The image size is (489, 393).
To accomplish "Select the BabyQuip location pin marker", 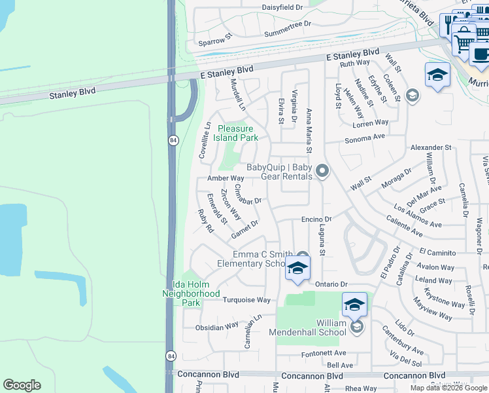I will click(322, 172).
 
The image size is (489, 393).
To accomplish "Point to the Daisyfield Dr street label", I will click(282, 7).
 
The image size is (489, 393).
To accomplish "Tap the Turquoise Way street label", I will click(246, 300).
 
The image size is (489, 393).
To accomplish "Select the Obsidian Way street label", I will click(217, 326).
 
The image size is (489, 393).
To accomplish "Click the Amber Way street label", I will click(226, 178).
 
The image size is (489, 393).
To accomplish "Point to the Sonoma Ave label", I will click(365, 138).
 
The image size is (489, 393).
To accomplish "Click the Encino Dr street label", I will click(317, 219).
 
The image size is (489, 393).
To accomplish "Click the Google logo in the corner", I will click(22, 385).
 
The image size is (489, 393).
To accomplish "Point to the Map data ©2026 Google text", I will click(448, 388).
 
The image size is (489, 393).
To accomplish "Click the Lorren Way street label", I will click(371, 122).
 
